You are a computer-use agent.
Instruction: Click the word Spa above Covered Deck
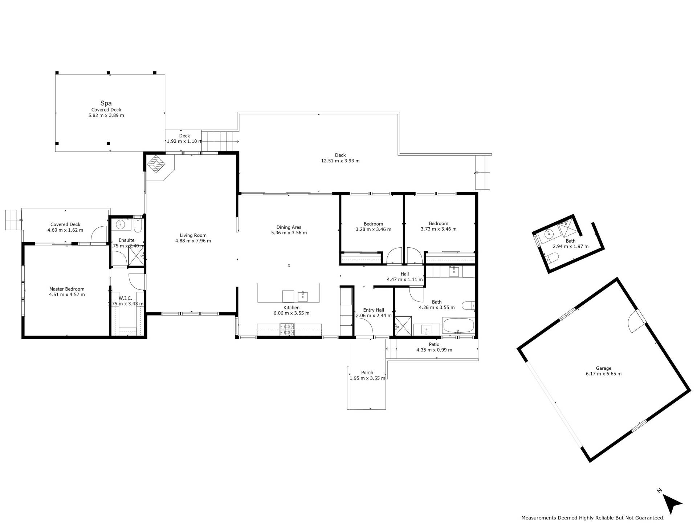pos(106,104)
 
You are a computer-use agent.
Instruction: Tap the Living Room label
pos(193,235)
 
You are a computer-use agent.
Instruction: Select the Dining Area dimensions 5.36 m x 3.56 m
pos(289,233)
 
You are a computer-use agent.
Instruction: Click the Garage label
pos(603,368)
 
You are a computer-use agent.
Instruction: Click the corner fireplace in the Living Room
pos(156,164)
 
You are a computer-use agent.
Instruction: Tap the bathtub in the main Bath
pos(458,325)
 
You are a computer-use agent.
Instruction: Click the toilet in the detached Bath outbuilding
pos(552,259)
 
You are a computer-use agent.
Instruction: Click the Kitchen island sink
pos(303,296)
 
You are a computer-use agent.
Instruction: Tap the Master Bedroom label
pos(67,289)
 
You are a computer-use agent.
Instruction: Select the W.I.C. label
pos(125,298)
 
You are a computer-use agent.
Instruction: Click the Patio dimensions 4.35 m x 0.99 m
pos(434,350)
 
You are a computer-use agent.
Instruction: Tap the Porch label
pos(367,373)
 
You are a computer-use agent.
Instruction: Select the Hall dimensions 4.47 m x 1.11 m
pos(405,280)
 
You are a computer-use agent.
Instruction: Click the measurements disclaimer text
pos(593,518)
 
